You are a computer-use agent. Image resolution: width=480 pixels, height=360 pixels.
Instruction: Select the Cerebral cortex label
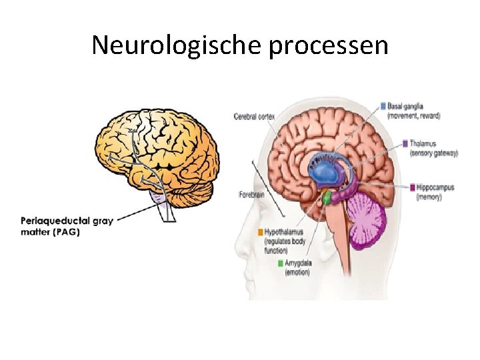click(254, 117)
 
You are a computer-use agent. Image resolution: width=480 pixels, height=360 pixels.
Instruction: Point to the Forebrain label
click(252, 194)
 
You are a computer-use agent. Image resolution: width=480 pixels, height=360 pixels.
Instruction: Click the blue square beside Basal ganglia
click(383, 105)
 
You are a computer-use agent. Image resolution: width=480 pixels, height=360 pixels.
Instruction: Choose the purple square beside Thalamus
click(405, 143)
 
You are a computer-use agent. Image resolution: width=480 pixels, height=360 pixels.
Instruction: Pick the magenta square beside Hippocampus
click(413, 187)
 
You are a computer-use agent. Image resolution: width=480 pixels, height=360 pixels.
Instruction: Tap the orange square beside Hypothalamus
click(261, 232)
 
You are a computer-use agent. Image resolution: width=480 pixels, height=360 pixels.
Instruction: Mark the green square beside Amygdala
click(280, 263)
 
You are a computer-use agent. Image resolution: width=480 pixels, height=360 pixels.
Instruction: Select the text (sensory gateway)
click(433, 153)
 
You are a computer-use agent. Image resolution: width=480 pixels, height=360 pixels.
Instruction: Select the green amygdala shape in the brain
click(327, 197)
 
